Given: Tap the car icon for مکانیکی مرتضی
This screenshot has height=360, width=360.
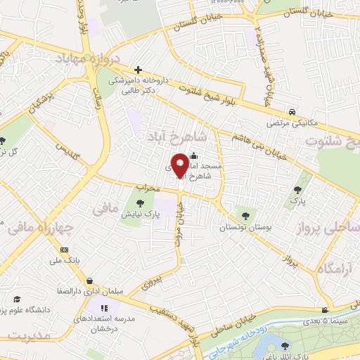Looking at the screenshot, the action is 291,112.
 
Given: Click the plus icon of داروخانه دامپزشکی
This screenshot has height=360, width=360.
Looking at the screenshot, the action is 138,70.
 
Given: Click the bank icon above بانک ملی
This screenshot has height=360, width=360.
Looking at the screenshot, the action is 65,250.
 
